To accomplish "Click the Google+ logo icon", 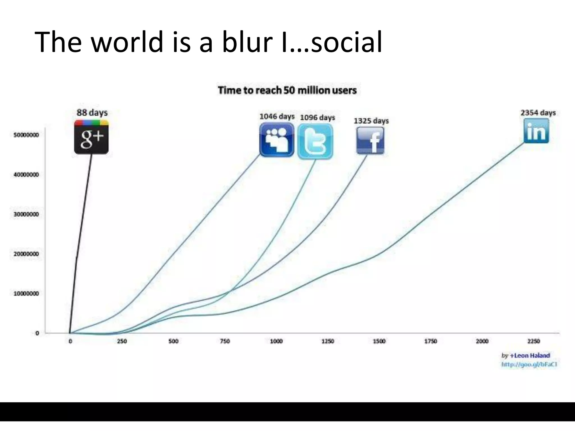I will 91,137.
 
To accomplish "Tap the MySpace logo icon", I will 277,140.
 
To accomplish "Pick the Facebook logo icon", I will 370,140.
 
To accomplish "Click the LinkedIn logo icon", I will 536,131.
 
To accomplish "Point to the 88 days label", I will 92,113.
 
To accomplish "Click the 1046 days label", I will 277,116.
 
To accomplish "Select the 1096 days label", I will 318,117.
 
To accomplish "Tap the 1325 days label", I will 371,121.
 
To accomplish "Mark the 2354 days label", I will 538,113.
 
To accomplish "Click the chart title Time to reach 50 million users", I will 287,90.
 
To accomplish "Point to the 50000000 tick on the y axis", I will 26,135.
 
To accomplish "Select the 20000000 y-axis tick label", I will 26,254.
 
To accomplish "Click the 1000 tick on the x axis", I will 276,341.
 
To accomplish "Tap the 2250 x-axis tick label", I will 533,341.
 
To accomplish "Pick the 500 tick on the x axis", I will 173,341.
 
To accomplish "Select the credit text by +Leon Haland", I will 525,356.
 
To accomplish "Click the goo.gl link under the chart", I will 529,364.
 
